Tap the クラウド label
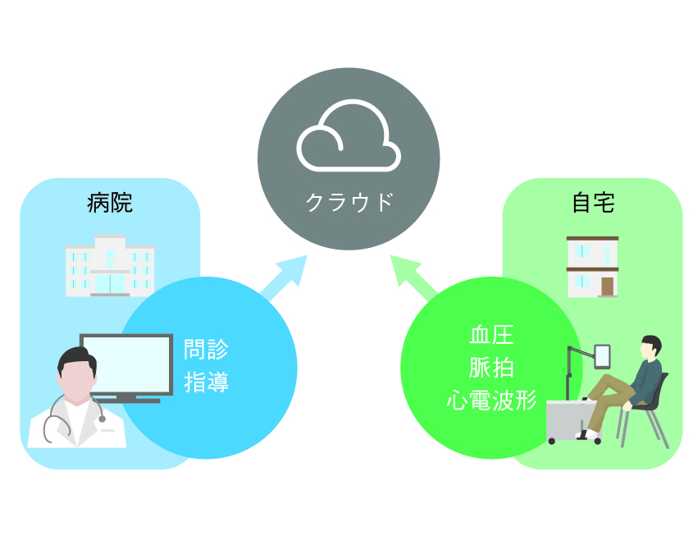tap(349, 202)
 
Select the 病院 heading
tap(109, 203)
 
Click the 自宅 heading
tap(592, 203)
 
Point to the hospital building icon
tap(110, 265)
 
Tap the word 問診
tap(207, 351)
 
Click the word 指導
tap(207, 382)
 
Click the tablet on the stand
tap(603, 356)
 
